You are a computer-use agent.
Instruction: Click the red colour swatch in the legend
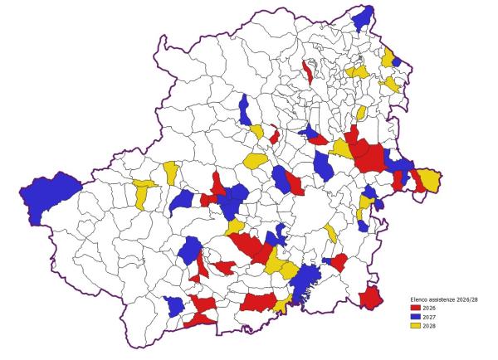(x=416, y=308)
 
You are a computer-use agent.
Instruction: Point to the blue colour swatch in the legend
(x=416, y=316)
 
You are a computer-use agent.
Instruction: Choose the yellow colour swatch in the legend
(x=416, y=324)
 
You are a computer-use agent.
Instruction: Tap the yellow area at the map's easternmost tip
(x=430, y=179)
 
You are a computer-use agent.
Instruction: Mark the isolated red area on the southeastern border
(x=370, y=296)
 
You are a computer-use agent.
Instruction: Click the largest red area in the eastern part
(x=369, y=156)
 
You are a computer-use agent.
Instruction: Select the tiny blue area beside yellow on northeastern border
(x=397, y=61)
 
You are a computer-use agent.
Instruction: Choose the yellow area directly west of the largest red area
(x=341, y=149)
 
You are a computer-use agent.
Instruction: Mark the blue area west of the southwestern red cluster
(x=174, y=305)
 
